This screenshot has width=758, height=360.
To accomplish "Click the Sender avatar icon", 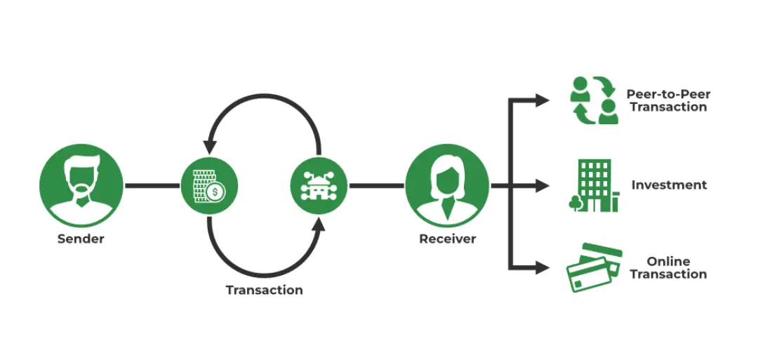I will click(x=81, y=185).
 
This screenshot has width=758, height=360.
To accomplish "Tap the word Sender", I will click(x=81, y=239).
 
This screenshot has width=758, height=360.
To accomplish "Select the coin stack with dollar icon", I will click(x=208, y=186).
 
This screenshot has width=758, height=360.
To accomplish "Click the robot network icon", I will click(x=319, y=186).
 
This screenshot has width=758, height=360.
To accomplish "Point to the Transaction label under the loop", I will click(x=264, y=290).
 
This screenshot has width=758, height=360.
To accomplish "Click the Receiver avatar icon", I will click(x=447, y=185).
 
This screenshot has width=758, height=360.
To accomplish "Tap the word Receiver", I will click(x=447, y=239).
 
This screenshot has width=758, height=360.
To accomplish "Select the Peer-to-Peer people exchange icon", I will click(x=594, y=100).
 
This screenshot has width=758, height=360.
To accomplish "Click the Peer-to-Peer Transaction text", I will click(x=667, y=100).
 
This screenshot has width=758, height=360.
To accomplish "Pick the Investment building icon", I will click(x=594, y=185).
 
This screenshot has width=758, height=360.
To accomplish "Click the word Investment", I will click(x=669, y=185).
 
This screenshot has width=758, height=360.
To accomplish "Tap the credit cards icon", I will click(x=594, y=267).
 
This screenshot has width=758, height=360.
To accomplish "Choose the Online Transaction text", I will click(x=668, y=267).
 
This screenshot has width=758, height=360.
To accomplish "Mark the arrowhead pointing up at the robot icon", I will click(x=319, y=225).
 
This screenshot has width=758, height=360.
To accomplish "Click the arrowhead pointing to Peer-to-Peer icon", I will click(x=542, y=100).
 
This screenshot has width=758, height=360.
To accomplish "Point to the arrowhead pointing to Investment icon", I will click(x=542, y=186).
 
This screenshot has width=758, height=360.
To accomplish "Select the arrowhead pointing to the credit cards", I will click(x=542, y=267).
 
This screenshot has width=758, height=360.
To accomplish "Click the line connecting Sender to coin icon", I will click(x=152, y=186).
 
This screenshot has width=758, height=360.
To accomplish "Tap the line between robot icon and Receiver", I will click(x=376, y=186).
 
